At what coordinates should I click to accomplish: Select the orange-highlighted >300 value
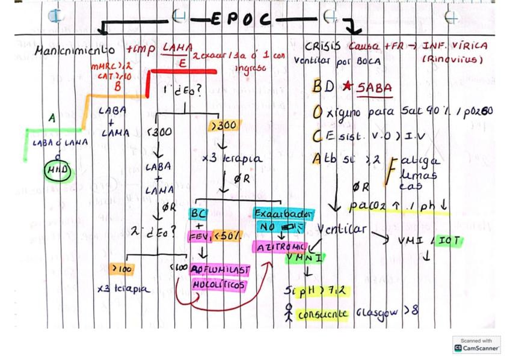tap(224, 125)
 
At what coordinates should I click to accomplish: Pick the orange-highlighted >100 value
tap(121, 268)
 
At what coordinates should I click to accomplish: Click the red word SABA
tap(374, 88)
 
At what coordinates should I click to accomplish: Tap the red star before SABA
tap(348, 86)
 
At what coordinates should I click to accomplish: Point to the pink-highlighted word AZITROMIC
tap(281, 246)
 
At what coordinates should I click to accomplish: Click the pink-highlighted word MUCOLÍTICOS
tap(219, 284)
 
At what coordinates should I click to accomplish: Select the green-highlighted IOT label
tap(449, 240)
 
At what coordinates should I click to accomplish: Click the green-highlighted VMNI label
tap(305, 258)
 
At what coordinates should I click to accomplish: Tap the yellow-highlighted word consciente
tap(322, 314)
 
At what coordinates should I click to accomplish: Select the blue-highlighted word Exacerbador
tap(283, 213)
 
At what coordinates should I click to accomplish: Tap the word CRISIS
tap(322, 46)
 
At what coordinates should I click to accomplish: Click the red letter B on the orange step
tap(117, 86)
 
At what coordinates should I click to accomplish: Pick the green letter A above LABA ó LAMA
tap(52, 118)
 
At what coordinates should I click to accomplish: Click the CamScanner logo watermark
tap(477, 344)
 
